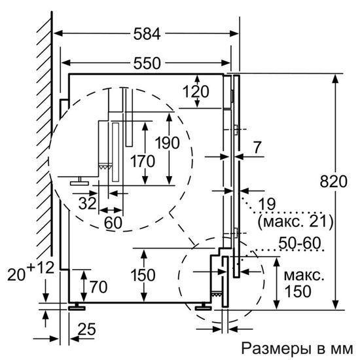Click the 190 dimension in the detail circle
(x=168, y=141)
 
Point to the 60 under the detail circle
(x=113, y=223)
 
